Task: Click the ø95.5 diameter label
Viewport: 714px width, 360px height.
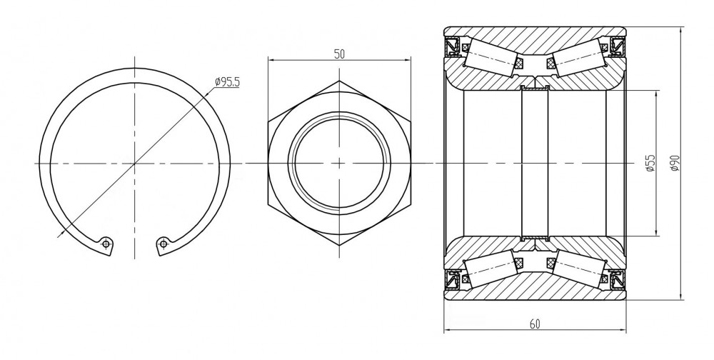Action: (227, 82)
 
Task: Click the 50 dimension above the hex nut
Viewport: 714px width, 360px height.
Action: (339, 54)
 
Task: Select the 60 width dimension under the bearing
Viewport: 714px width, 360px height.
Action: (535, 324)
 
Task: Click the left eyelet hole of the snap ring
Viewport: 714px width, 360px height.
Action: (106, 244)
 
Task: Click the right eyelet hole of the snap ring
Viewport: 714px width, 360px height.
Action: (164, 244)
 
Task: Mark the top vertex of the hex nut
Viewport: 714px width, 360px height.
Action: (339, 81)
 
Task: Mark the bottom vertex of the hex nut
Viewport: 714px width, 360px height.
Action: (339, 246)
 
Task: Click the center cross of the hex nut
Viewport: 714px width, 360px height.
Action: (339, 163)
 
